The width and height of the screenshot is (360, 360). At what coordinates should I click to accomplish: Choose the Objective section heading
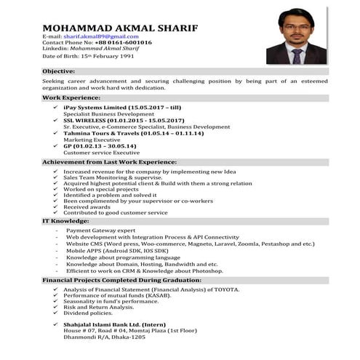(59, 71)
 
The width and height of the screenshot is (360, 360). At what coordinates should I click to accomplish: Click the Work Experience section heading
(70, 97)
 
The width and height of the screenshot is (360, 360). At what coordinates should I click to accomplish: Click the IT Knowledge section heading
(66, 220)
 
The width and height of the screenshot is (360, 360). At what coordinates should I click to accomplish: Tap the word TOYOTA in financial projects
(224, 289)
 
